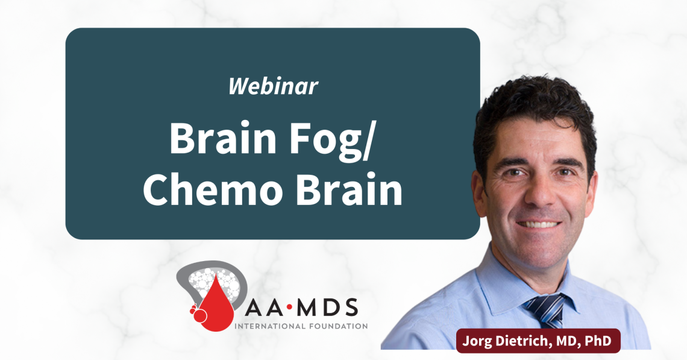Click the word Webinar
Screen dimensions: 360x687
click(x=273, y=87)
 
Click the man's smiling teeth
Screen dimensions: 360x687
click(x=535, y=224)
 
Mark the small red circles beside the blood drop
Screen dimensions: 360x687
click(x=197, y=314)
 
